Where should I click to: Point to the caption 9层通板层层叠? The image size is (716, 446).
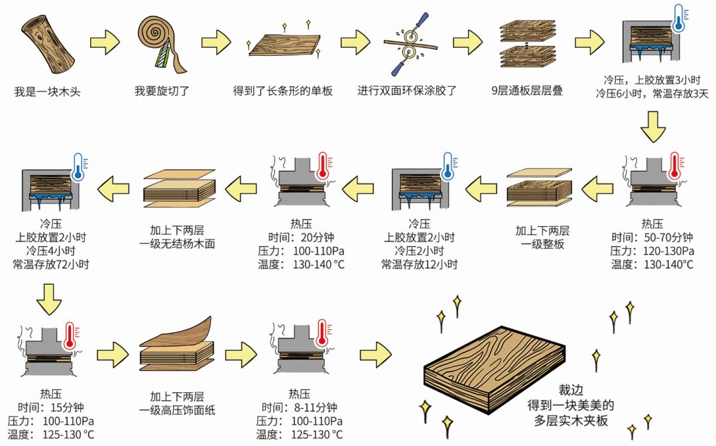pos(527,91)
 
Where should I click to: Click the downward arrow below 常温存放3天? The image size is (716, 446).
pos(652,127)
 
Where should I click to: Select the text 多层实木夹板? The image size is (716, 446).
pos(571,421)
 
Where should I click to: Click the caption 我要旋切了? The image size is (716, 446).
pos(162,91)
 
